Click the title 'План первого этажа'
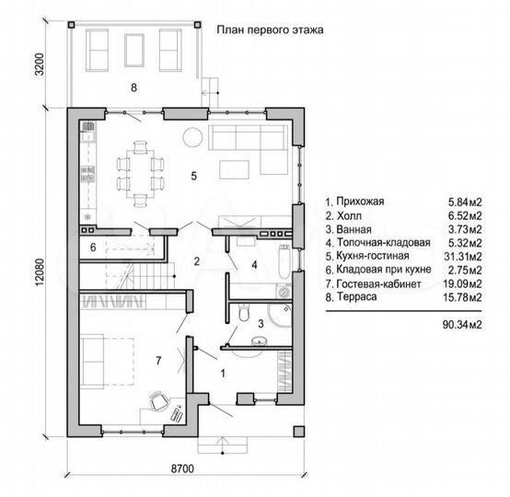[x=270, y=29]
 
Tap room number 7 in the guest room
[x=158, y=361]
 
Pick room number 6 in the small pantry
[x=93, y=248]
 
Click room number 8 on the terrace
[x=133, y=88]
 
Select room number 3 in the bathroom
[x=261, y=324]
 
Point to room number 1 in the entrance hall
[x=221, y=374]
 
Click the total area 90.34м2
[x=461, y=324]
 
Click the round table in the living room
[x=192, y=137]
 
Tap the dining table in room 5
[x=138, y=168]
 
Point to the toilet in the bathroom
[x=241, y=315]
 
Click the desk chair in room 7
[x=158, y=401]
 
